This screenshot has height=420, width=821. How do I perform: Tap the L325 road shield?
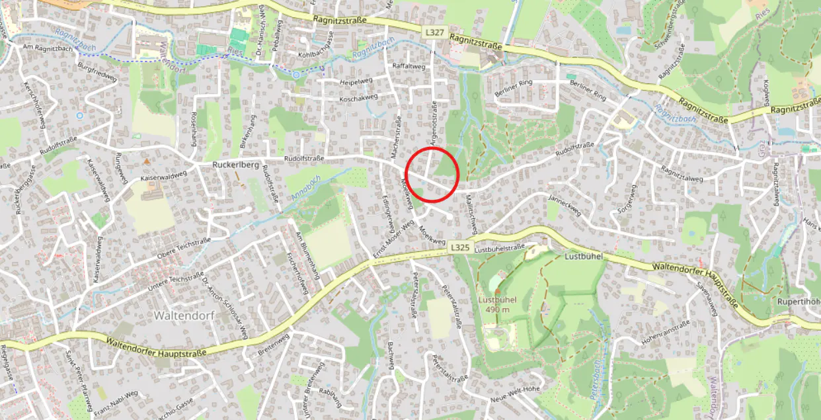(x=460, y=246)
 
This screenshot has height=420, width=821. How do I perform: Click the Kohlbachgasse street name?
(x=323, y=55)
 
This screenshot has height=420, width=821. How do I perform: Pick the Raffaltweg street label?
(x=409, y=67)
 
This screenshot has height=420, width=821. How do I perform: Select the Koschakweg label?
(x=358, y=97)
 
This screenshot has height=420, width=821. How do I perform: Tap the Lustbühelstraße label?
(x=500, y=249)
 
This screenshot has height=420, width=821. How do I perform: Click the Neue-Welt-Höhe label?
(x=515, y=389)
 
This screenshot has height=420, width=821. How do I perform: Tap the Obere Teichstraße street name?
(x=183, y=248)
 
